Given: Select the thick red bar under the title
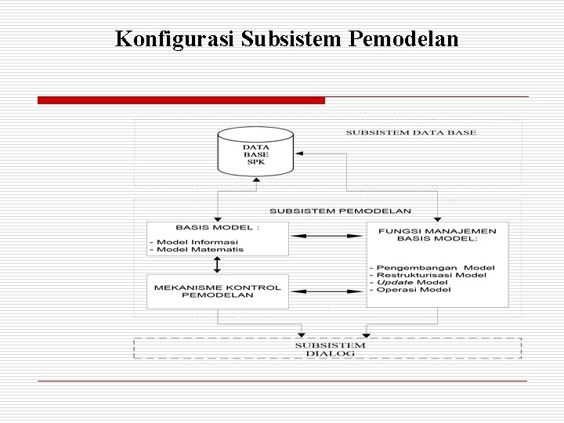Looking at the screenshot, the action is (x=181, y=100).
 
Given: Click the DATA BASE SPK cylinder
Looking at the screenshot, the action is (x=255, y=154).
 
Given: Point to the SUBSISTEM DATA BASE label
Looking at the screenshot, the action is (x=410, y=133).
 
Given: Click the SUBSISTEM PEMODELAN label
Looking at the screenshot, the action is (x=340, y=211).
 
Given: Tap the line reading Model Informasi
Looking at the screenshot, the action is (x=197, y=241).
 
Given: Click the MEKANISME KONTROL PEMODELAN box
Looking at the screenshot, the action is (x=218, y=291).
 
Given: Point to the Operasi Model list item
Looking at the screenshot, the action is (x=414, y=290).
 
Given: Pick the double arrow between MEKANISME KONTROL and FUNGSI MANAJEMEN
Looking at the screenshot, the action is (x=327, y=291).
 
